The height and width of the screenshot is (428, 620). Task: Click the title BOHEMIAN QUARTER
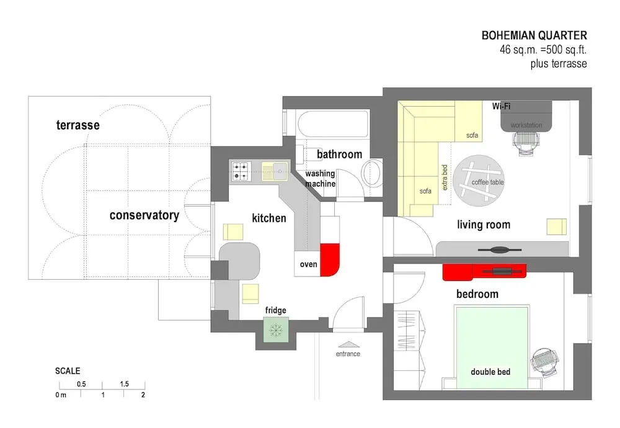click(534, 35)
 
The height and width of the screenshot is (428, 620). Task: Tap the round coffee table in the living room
click(479, 181)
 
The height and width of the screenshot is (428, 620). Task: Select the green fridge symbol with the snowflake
click(276, 330)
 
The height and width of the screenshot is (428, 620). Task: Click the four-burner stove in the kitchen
click(241, 171)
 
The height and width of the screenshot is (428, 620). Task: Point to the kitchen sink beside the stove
click(275, 171)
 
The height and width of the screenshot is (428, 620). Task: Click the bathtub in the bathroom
click(332, 124)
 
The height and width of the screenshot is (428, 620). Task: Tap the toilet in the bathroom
click(371, 174)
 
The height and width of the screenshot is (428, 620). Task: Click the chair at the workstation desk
click(526, 143)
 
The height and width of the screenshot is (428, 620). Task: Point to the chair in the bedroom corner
click(545, 363)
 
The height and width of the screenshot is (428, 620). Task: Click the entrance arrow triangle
click(348, 344)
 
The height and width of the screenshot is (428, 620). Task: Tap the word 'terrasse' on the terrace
click(78, 125)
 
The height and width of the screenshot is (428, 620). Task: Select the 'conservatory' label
click(144, 215)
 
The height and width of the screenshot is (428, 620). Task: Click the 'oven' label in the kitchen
click(308, 264)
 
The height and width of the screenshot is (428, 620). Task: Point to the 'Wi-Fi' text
click(502, 106)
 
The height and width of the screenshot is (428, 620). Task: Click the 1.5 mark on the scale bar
click(124, 384)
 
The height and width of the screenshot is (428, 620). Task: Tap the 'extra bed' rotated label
click(445, 177)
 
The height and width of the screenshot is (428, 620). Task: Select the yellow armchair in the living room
click(556, 226)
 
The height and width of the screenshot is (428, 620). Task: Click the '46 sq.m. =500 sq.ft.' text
click(543, 50)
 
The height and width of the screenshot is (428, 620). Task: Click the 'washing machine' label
click(321, 179)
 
